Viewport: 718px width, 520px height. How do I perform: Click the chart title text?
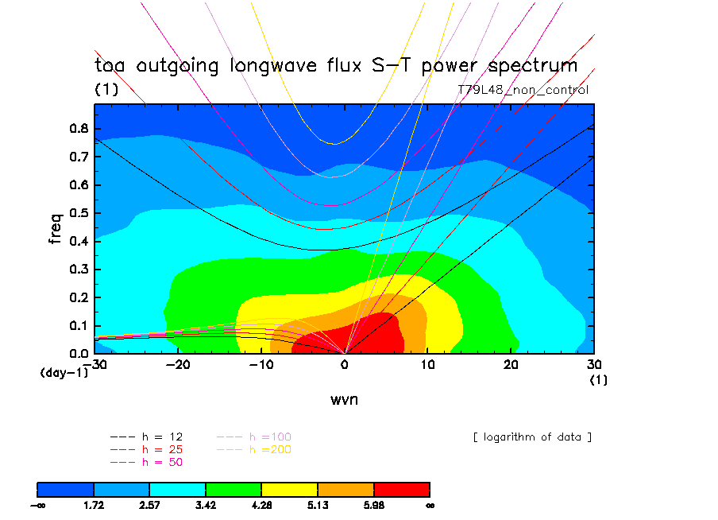coord(336,66)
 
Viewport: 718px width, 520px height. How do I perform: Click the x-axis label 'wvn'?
coord(345,399)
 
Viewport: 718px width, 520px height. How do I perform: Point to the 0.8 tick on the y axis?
coord(79,129)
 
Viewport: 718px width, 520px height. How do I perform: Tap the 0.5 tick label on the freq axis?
coord(79,213)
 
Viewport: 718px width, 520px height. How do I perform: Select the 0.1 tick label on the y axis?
coord(79,325)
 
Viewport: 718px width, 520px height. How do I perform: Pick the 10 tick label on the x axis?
coord(428,365)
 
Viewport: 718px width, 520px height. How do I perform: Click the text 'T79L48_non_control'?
coord(523,90)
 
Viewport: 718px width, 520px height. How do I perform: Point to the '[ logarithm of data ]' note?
coord(532,437)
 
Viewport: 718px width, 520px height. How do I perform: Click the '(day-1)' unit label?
coord(64,372)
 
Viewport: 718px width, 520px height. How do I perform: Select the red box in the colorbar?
coord(402,489)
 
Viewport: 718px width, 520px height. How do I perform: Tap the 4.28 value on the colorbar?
coord(262,505)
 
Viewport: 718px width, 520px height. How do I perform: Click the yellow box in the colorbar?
coord(290,489)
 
